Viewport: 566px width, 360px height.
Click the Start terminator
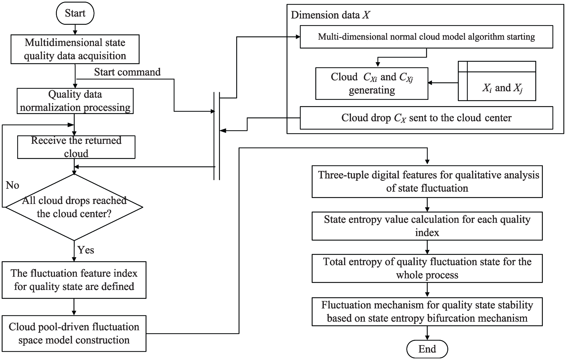point(75,13)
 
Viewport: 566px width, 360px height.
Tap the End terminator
point(427,349)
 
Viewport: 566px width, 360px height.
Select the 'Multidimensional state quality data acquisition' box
point(75,49)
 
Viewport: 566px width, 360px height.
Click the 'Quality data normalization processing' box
point(75,101)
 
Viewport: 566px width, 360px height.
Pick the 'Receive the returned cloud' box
point(76,147)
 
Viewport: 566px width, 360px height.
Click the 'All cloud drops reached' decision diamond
point(74,207)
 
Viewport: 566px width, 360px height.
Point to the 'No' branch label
point(12,185)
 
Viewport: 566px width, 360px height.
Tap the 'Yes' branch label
point(86,250)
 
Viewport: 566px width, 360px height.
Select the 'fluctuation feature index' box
point(74,280)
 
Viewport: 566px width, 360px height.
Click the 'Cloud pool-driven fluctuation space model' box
point(74,334)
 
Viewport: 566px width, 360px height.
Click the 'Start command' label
point(127,72)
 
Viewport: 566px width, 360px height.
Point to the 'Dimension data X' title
point(330,15)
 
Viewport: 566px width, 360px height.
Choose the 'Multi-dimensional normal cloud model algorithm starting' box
point(426,37)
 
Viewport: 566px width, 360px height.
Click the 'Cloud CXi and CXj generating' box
point(372,84)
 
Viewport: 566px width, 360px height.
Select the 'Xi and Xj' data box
point(497,81)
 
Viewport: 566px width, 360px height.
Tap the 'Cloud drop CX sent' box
point(426,118)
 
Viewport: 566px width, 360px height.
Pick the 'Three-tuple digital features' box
point(427,181)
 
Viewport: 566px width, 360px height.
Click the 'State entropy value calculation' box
point(427,226)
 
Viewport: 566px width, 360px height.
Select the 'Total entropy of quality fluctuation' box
point(427,268)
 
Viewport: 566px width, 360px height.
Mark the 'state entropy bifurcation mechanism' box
point(427,312)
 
